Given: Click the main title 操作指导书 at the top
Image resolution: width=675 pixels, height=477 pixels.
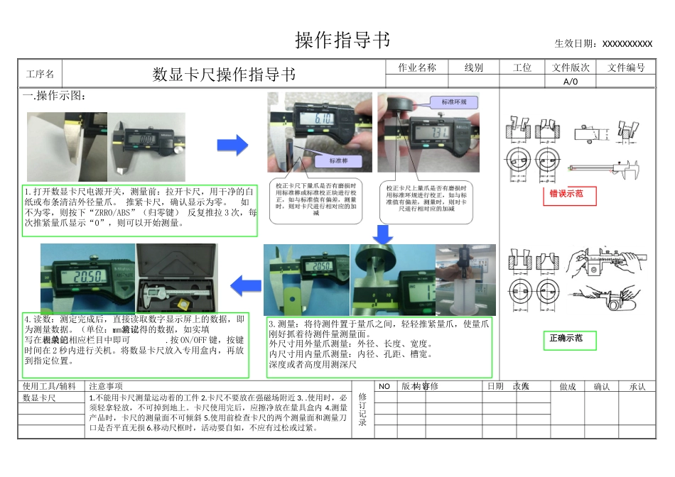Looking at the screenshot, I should [342, 40].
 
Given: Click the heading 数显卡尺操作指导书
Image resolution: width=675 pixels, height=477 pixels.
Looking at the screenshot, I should [224, 75].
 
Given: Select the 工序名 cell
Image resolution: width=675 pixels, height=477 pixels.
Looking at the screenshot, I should [40, 75].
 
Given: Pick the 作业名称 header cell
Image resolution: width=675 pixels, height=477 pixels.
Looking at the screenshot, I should [417, 67].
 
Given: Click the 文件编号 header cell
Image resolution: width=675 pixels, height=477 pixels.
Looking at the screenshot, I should [626, 67].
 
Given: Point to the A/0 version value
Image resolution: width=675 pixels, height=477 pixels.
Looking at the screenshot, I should [571, 81].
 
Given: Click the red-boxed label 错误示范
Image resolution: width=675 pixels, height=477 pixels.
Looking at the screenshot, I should [566, 194].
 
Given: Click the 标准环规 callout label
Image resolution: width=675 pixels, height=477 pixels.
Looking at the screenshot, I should [454, 102].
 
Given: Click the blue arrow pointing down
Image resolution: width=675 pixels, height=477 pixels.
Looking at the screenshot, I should [384, 234].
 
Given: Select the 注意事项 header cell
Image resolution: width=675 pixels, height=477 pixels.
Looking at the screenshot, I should [106, 386].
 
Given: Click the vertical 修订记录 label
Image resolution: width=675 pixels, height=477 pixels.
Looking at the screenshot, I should [363, 410].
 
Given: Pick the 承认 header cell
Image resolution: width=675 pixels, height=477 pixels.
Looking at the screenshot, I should [637, 386].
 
